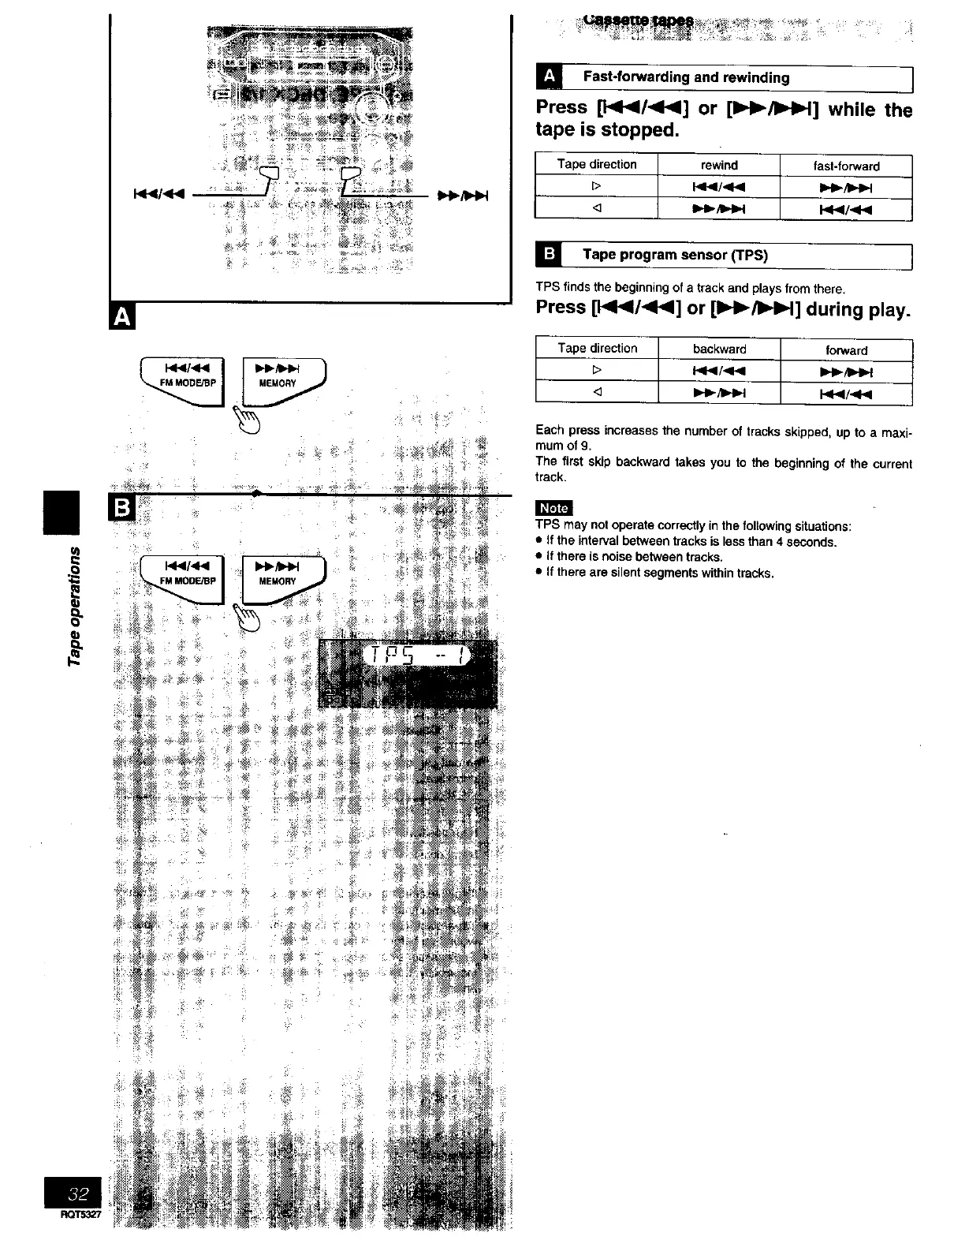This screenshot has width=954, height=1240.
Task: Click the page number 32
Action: coord(82,1192)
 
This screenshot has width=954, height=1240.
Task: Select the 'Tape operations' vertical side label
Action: coord(76,604)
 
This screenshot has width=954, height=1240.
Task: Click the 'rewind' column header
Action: coord(719,165)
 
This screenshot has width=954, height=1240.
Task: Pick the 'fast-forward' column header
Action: coord(846,166)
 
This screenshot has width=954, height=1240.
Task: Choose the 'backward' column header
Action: coord(719,349)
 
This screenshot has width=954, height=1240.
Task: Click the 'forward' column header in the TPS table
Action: coord(846,350)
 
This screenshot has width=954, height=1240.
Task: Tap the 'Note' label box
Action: coord(553,508)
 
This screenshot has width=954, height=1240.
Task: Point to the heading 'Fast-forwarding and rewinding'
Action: coord(685,77)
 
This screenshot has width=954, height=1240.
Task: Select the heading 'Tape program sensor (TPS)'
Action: coord(674,254)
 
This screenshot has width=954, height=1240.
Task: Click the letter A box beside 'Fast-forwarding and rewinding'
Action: coord(549,77)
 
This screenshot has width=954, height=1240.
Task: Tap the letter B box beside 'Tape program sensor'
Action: coord(549,254)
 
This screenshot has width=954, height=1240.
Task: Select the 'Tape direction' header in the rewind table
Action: coord(596,164)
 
